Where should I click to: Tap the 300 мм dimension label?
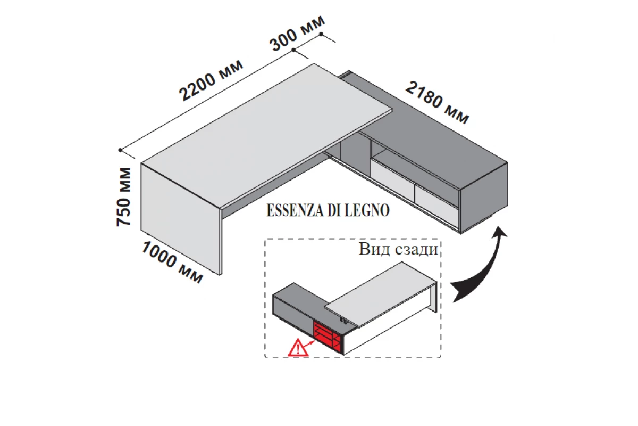297,32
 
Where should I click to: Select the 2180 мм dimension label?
438,102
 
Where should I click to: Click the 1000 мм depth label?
172,261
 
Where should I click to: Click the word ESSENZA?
292,211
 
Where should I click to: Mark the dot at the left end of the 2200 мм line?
121,150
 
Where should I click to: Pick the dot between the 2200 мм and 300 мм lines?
294,50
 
